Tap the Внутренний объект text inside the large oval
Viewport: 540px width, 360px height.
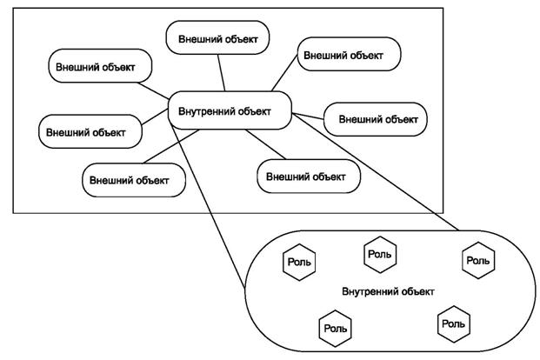388,291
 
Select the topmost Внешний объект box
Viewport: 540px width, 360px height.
218,39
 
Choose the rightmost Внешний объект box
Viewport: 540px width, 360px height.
375,119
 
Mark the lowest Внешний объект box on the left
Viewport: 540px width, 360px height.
135,179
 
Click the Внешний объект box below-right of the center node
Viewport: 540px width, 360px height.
309,176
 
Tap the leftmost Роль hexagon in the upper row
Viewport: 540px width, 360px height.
298,260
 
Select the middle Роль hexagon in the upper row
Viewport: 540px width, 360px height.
380,255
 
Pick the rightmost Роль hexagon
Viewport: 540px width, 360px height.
477,259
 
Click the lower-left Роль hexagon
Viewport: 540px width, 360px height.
336,328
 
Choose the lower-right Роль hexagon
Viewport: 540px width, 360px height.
453,323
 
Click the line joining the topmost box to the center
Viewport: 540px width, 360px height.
223,75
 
